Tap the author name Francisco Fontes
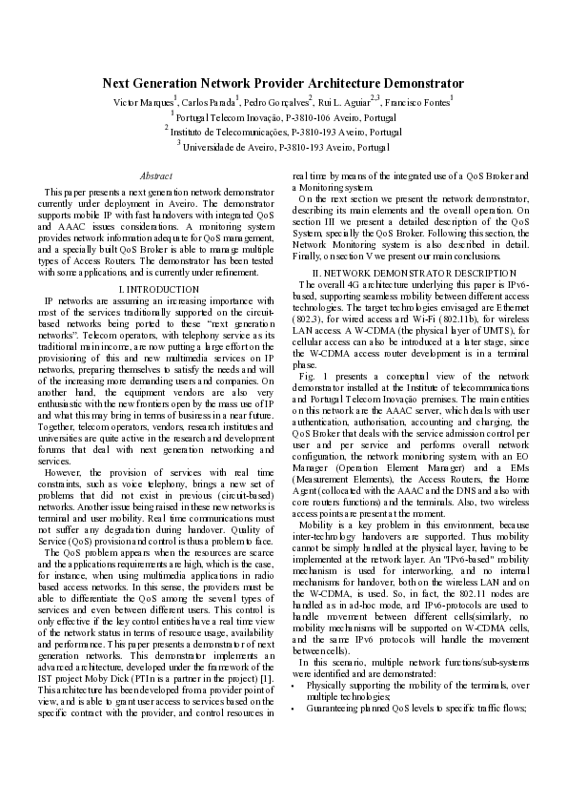pyautogui.click(x=417, y=102)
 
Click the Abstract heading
pyautogui.click(x=156, y=175)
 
